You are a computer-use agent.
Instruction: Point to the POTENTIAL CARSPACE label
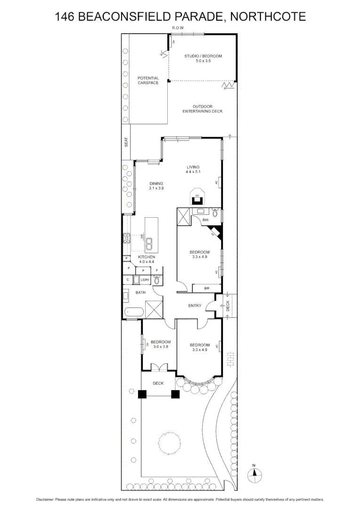coord(148,81)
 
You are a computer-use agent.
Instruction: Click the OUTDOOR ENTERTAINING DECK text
coord(203,109)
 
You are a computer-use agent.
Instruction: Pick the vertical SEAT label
coord(126,142)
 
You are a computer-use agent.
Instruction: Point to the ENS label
coord(205,220)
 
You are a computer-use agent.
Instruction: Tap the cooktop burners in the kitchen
coord(126,238)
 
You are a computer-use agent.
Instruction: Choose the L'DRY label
coord(145,280)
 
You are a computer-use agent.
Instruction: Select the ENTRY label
coord(195,305)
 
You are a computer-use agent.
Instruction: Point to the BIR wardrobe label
coord(206,288)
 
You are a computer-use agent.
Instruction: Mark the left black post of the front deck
coord(142,394)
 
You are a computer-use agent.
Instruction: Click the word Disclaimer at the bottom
coord(45,500)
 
